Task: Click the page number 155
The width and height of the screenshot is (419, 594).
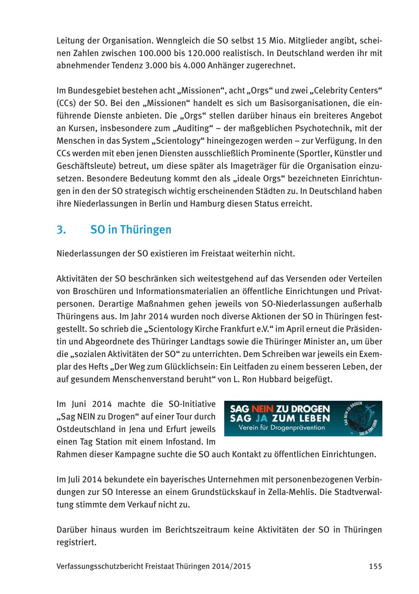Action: [375, 567]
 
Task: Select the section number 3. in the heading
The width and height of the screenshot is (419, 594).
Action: [61, 229]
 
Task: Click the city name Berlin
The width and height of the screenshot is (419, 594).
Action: [157, 203]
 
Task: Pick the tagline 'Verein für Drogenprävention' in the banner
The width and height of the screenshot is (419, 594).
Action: [282, 428]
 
